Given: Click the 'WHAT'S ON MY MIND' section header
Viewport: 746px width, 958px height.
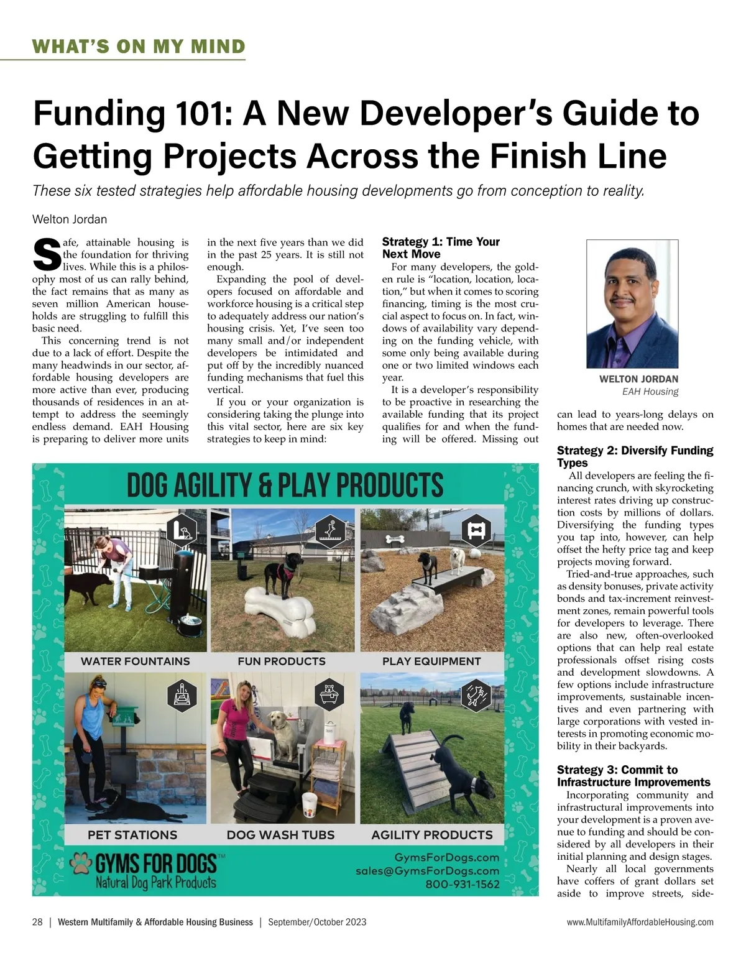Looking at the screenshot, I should coord(139,47).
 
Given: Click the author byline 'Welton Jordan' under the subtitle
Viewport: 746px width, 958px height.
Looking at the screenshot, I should coord(70,219).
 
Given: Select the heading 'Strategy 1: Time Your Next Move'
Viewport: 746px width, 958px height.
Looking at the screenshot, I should coord(441,247).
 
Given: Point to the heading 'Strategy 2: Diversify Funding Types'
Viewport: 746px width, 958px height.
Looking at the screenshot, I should coord(635,456).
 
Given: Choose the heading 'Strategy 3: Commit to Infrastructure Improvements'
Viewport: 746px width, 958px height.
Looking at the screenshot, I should coord(633,776).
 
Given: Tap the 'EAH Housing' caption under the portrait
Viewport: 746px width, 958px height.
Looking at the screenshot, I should coord(650,392).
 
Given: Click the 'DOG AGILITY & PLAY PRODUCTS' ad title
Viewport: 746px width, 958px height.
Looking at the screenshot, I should coord(285,486).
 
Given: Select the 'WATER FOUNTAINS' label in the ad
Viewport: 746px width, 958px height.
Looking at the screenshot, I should coord(136,661).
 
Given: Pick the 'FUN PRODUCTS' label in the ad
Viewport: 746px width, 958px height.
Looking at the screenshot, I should coord(282,661).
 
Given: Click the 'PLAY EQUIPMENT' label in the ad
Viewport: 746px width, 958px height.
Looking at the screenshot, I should coord(431,661).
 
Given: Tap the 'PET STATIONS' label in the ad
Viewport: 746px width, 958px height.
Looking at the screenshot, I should coord(132,835).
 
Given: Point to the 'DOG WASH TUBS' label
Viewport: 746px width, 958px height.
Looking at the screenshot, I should coord(280,835).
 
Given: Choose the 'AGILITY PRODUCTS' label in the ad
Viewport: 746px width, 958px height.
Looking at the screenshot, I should coord(432,835).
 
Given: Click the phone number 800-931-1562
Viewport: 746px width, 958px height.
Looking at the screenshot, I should coord(462,884).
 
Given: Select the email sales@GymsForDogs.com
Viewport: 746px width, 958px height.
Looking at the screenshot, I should coord(427,871).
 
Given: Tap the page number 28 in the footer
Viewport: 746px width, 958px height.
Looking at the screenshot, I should coord(37,922).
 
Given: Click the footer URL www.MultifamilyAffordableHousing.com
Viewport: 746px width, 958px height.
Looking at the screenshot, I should coord(640,922).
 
